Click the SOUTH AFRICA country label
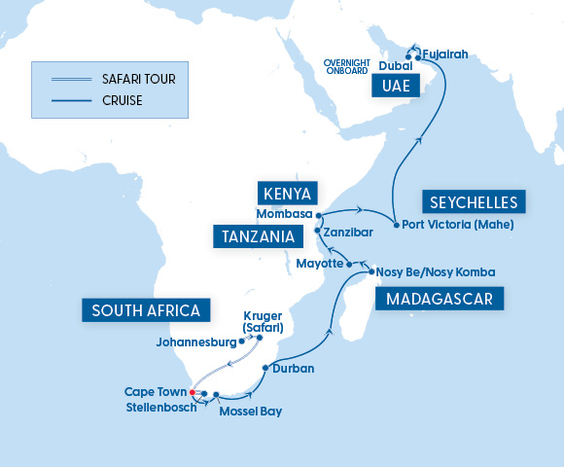[146, 310]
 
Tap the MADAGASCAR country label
[441, 298]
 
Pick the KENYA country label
[289, 191]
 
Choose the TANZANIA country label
[257, 236]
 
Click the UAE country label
[396, 87]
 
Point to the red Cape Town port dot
[193, 392]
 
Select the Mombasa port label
[284, 213]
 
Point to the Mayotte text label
[319, 264]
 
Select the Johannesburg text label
[195, 342]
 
